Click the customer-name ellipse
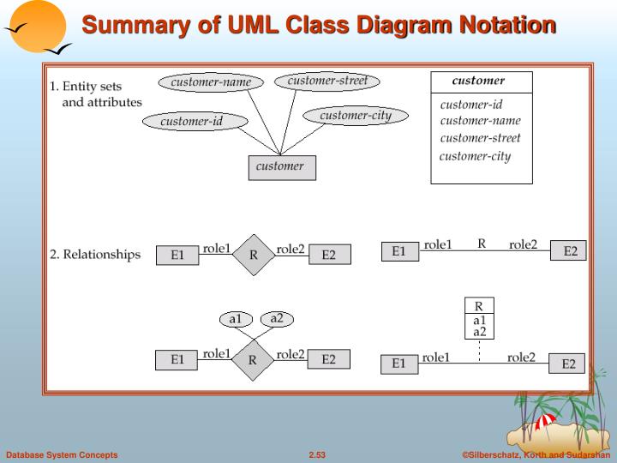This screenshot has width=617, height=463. tap(211, 82)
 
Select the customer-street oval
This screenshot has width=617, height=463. tap(327, 81)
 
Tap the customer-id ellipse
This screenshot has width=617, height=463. tap(191, 122)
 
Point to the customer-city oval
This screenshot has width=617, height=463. tap(355, 116)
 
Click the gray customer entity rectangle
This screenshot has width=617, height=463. tap(280, 167)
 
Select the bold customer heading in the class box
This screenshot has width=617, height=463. tap(479, 81)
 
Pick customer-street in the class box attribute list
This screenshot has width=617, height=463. tap(480, 138)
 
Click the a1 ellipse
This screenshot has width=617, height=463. tap(235, 320)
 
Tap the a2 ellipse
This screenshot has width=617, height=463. tap(277, 319)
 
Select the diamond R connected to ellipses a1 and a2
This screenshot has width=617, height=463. tap(253, 360)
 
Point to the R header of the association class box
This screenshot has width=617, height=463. tap(479, 306)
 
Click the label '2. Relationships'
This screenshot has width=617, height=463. tap(95, 255)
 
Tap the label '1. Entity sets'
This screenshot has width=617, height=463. tap(86, 87)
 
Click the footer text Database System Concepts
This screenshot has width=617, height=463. tap(62, 454)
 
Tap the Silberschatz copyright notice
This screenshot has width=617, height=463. tap(536, 454)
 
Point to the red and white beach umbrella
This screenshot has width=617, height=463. tap(544, 422)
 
